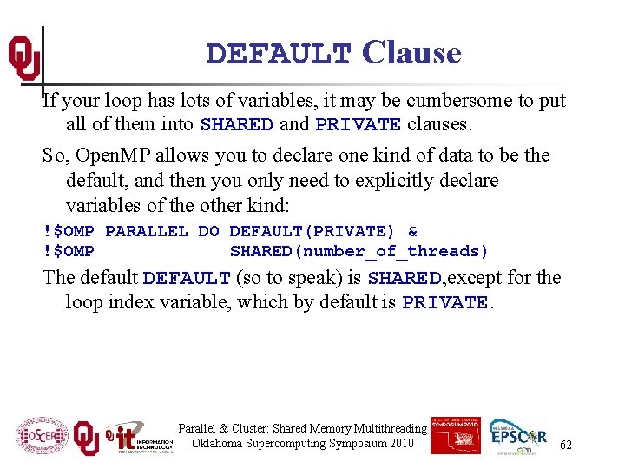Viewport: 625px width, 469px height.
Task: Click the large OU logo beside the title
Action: [x=23, y=57]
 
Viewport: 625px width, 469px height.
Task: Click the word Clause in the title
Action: [x=411, y=53]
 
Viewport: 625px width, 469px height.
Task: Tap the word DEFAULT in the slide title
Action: [x=279, y=55]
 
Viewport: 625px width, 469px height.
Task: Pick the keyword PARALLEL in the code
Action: [x=146, y=231]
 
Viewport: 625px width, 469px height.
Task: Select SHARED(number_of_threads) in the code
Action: [x=359, y=251]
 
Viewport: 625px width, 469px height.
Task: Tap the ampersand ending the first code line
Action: [x=412, y=231]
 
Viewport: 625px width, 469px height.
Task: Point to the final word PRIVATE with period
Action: [x=448, y=303]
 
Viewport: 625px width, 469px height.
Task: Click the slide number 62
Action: [x=566, y=445]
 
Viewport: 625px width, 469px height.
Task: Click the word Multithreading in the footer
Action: [x=389, y=428]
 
